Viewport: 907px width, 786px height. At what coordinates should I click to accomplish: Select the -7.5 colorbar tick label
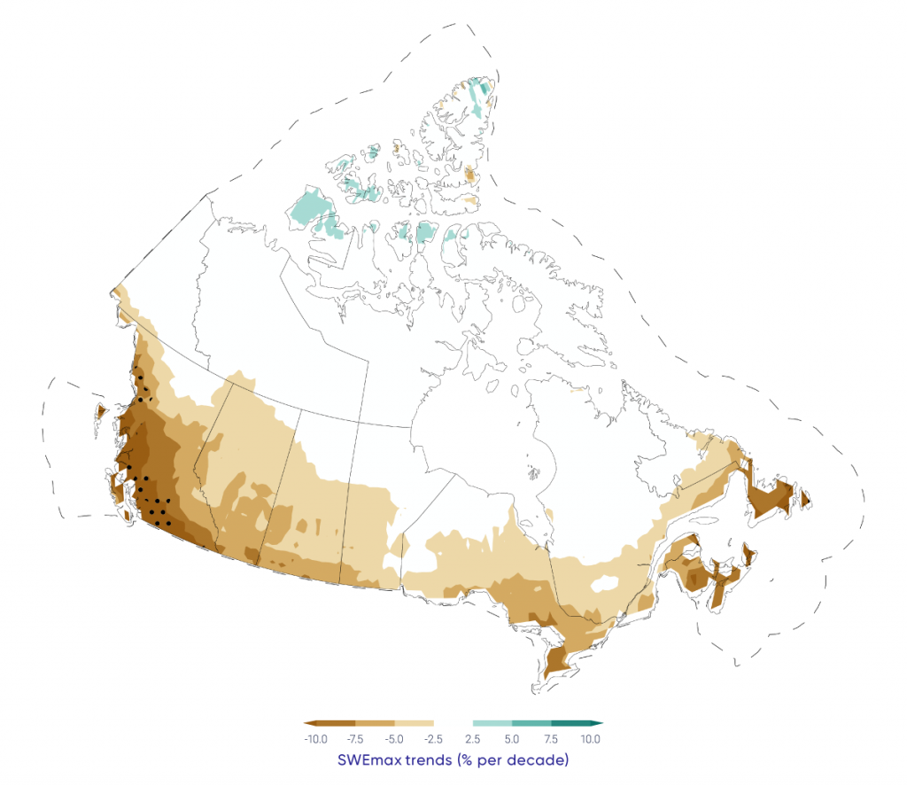356,739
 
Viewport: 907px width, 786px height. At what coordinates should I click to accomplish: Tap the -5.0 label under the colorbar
394,739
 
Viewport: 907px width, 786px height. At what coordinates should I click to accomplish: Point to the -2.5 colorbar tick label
433,739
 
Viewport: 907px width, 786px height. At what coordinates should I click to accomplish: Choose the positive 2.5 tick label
473,739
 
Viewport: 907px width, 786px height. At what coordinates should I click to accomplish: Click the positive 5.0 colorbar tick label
512,739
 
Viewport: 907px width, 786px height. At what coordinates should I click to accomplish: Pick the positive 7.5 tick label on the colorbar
550,739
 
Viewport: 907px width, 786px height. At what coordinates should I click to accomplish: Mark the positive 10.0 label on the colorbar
591,739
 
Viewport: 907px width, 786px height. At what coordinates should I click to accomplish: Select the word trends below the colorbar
434,760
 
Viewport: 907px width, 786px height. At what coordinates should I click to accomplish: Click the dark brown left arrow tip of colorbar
306,723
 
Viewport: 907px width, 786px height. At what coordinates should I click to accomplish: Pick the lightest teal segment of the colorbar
492,723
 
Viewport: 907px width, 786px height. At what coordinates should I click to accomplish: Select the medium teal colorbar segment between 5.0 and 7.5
531,723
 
